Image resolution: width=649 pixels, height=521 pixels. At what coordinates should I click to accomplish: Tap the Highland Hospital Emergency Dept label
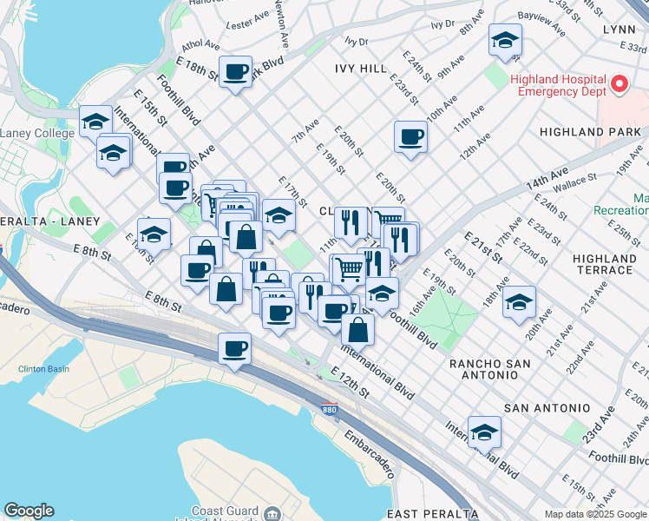[x=559, y=84]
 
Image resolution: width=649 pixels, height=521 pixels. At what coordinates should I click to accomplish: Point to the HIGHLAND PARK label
[x=589, y=132]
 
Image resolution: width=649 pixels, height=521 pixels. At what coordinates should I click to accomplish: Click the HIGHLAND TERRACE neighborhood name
[x=605, y=264]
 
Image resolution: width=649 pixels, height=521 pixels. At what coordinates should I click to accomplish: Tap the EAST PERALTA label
[x=432, y=513]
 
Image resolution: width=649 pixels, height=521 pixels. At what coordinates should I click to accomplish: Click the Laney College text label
[x=36, y=133]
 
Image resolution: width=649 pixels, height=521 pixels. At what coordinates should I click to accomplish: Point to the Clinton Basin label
[x=43, y=369]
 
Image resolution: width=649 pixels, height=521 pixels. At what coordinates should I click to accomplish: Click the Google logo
[x=29, y=511]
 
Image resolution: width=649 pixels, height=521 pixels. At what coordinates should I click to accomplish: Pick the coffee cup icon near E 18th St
[x=235, y=72]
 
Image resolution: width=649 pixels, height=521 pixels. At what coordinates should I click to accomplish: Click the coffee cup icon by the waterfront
[x=234, y=349]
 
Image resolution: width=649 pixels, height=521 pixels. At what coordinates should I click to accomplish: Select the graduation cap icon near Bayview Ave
[x=505, y=40]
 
